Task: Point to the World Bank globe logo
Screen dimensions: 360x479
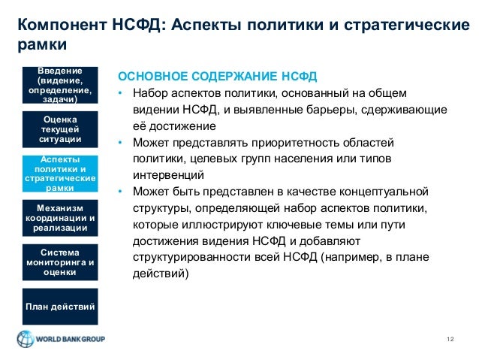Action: tap(25, 339)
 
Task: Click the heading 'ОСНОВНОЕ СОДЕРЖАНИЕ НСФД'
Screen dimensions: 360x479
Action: tap(218, 77)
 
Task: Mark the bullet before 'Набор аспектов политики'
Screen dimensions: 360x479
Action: tap(119, 93)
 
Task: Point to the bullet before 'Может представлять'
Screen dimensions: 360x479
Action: tap(119, 142)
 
